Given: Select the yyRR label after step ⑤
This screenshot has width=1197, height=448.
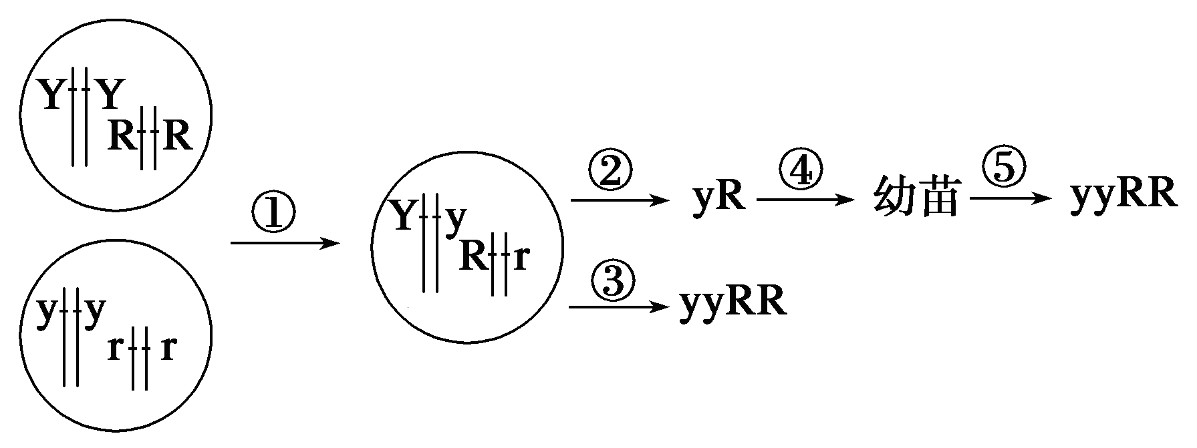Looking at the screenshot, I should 1123,197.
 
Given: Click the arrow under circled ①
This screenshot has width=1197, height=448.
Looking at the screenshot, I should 285,244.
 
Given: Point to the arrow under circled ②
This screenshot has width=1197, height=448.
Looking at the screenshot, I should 618,200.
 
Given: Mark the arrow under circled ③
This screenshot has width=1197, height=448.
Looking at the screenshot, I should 618,307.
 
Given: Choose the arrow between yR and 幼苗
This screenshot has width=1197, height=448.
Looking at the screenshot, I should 805,200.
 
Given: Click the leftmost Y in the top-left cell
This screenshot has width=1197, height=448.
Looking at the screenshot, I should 51,95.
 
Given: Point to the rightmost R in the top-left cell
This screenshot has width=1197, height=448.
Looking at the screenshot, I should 178,137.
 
